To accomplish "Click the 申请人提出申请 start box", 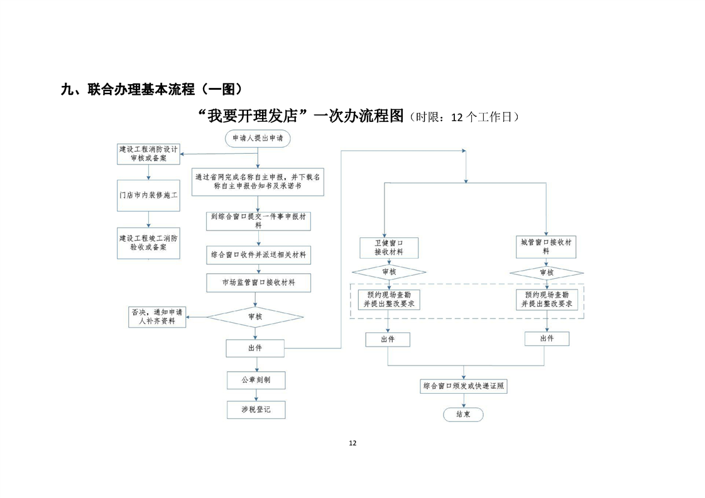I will coord(258,138).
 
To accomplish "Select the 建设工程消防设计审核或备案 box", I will coord(149,154).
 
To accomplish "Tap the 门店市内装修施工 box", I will coord(149,195).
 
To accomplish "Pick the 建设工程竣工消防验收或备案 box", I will coord(149,243).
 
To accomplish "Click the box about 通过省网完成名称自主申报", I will coord(258,182).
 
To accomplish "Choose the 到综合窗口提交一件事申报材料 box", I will coord(258,220).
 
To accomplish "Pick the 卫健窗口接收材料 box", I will coord(388,247).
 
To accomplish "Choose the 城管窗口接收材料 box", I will coord(547,246).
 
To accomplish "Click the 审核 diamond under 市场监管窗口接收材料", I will coord(255,317).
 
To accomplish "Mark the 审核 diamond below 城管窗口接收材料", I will coord(547,273).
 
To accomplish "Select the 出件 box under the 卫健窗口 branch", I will coord(388,339).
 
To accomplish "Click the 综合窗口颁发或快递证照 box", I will coord(463,386).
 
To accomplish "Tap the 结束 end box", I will coord(463,414).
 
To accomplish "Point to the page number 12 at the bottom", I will coord(352,443).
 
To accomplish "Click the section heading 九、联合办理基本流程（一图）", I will coord(151,89).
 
